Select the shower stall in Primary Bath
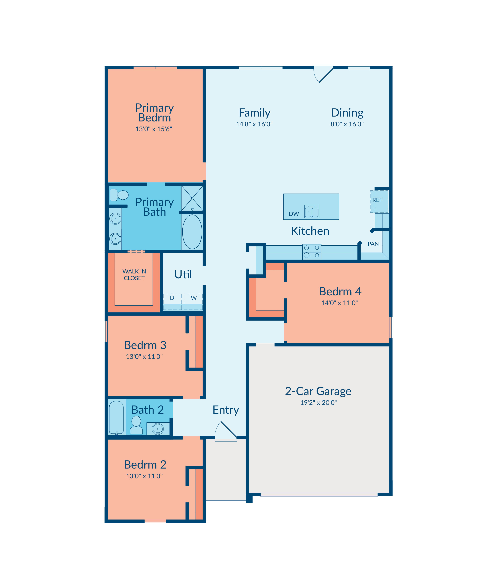tap(192, 198)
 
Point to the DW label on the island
tap(294, 214)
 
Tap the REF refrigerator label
tap(377, 200)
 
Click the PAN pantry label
tap(373, 244)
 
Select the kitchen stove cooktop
tap(312, 252)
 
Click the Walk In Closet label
tap(134, 275)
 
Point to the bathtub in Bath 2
tap(116, 417)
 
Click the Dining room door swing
tap(323, 74)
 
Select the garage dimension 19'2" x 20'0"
tap(318, 403)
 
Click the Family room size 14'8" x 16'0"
tap(254, 124)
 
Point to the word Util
tap(183, 275)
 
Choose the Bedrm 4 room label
tap(340, 291)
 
